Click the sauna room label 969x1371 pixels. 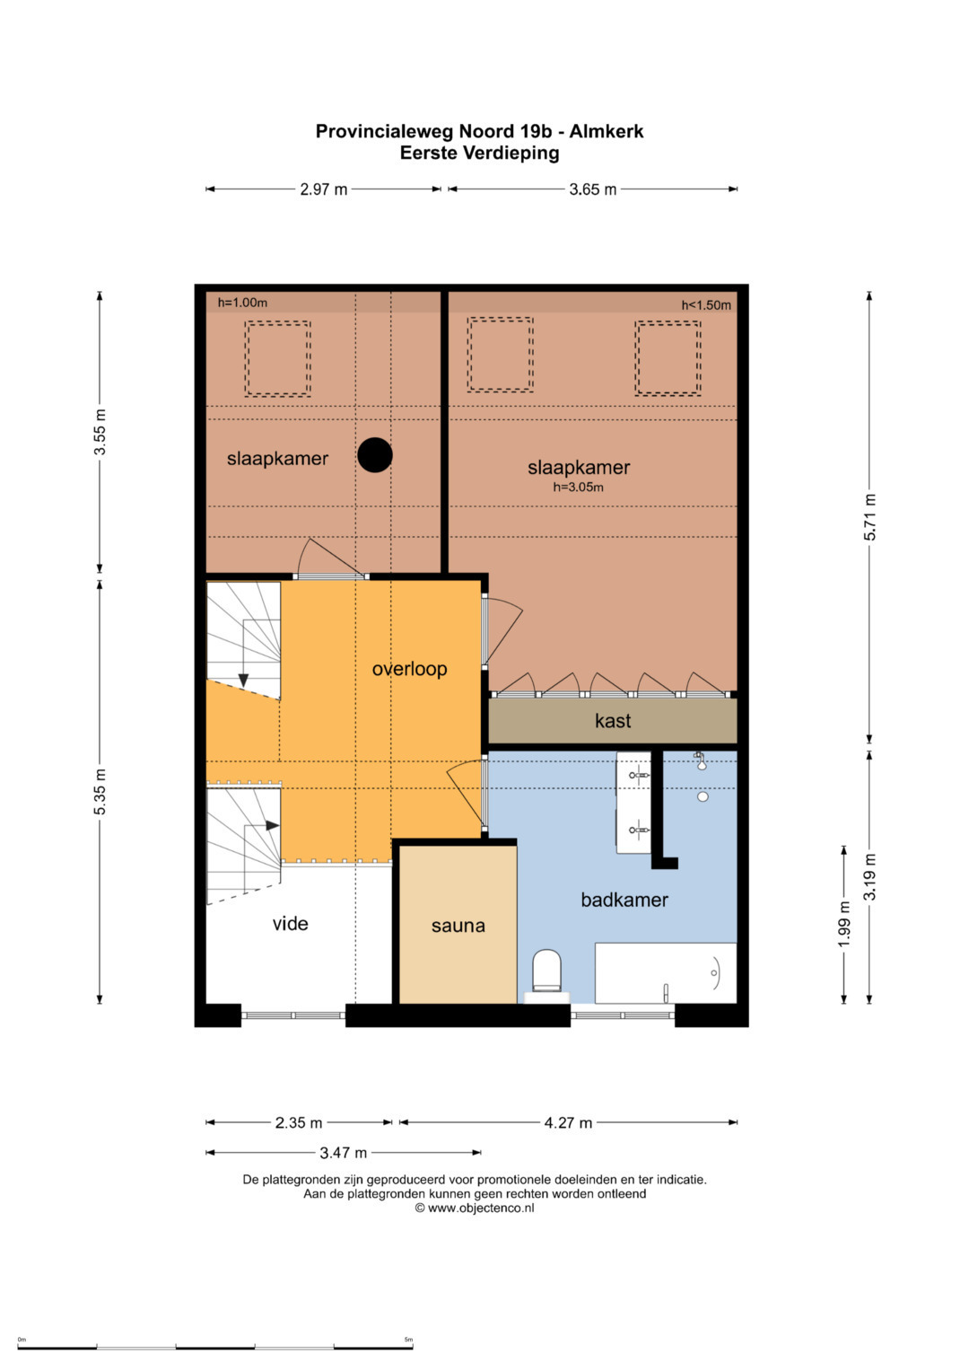458,926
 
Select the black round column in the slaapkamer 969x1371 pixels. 375,455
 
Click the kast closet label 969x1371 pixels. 612,720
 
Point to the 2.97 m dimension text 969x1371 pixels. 324,189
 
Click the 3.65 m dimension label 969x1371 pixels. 593,189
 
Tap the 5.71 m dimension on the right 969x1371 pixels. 869,517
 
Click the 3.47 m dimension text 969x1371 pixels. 343,1153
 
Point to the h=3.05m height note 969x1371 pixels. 578,488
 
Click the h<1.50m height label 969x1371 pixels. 706,304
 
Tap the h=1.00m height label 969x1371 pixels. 242,303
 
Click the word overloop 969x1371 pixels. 409,669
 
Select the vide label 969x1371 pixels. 290,923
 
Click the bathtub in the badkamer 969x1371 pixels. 666,973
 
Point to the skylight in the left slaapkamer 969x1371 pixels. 278,358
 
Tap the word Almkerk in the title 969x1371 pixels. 607,131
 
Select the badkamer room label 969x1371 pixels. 624,900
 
